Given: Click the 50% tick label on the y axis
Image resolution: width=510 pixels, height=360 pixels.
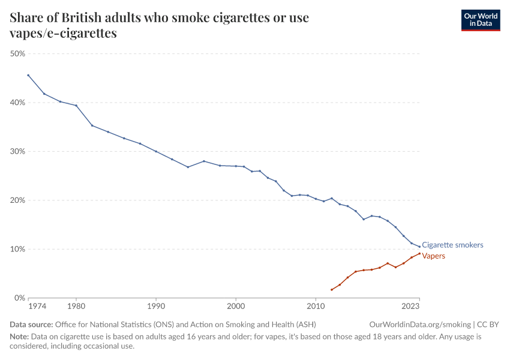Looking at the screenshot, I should [x=18, y=54].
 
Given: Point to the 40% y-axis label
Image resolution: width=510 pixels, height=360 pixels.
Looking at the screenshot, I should [x=18, y=103].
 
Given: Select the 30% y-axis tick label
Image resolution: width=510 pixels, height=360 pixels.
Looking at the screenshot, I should [x=18, y=152].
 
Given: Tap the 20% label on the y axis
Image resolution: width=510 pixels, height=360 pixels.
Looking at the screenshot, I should [x=18, y=200].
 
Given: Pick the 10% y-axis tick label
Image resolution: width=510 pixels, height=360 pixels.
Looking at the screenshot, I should [x=18, y=249].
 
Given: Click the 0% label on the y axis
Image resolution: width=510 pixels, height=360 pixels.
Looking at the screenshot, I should [x=20, y=298].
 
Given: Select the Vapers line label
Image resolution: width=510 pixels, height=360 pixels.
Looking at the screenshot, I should [x=434, y=256].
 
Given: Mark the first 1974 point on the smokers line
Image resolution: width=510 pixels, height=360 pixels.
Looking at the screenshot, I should [x=28, y=75].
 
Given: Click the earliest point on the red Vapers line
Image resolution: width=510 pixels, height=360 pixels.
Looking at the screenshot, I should [x=332, y=290].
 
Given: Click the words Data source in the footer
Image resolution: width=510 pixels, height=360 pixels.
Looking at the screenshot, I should [x=31, y=325].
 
